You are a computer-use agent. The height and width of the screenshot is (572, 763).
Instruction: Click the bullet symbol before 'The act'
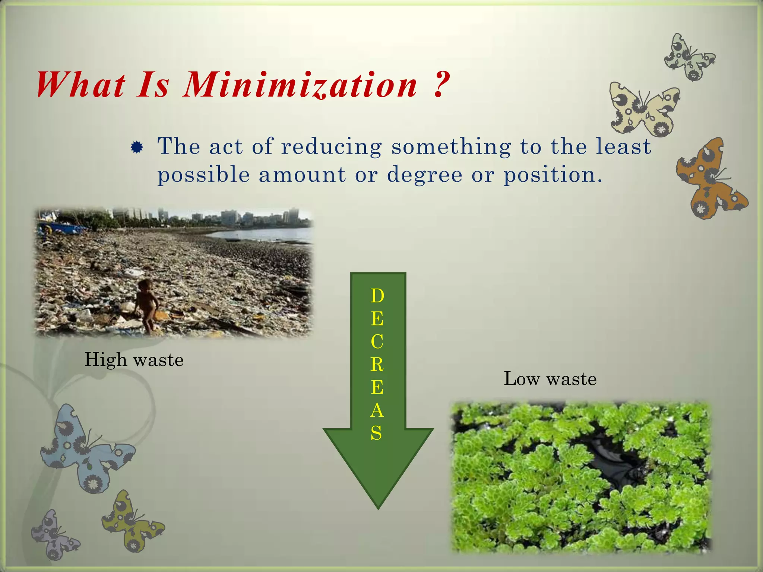[x=137, y=148]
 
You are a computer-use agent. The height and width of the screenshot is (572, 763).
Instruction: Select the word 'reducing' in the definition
[x=331, y=146]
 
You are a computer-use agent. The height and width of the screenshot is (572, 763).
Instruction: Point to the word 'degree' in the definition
[x=424, y=175]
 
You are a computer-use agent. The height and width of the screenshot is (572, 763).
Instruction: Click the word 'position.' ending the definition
[x=553, y=175]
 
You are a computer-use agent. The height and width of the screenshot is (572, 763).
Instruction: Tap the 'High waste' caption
[x=134, y=360]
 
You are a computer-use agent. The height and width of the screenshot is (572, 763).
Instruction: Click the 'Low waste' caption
[x=550, y=379]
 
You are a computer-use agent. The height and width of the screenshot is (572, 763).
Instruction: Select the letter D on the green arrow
[x=377, y=296]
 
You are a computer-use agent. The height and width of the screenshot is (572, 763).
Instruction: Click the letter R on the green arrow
[x=377, y=365]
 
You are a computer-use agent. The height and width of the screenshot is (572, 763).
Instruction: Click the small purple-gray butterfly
[x=54, y=534]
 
